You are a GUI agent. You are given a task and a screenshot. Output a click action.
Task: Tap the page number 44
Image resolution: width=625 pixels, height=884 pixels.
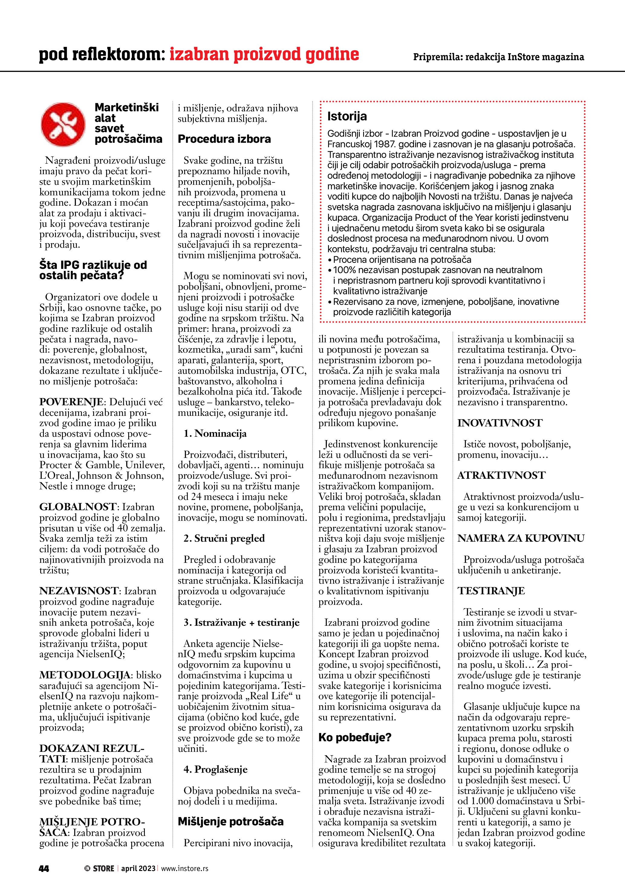[x=44, y=868]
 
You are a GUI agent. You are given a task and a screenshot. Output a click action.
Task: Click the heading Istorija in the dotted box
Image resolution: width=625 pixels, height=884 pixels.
[x=347, y=116]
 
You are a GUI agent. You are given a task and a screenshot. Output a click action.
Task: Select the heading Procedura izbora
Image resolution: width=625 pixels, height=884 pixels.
[x=224, y=139]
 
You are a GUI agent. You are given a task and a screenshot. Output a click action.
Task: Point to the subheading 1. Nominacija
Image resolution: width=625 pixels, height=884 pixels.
[x=215, y=433]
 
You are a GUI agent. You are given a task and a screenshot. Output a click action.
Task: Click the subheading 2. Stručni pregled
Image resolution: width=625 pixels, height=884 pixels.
[x=224, y=538]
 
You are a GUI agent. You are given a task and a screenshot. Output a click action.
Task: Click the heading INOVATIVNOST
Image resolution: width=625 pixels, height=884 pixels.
[x=500, y=423]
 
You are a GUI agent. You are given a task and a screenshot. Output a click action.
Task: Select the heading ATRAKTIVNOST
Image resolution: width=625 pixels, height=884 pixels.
[x=501, y=475]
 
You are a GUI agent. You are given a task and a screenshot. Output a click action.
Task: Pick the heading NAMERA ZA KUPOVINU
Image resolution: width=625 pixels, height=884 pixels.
[x=521, y=538]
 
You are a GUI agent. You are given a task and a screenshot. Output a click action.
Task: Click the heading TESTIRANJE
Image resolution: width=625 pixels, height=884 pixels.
[x=491, y=591]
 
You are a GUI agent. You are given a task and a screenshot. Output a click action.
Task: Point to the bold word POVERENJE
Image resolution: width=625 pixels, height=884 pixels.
[x=71, y=402]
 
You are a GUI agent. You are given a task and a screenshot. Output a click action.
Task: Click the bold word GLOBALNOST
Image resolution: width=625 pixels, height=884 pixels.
[x=77, y=507]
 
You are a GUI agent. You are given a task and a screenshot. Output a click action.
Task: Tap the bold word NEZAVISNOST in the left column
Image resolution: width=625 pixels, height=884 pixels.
[x=79, y=591]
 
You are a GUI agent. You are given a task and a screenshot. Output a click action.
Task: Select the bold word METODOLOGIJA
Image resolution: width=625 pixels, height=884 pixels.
[x=84, y=675]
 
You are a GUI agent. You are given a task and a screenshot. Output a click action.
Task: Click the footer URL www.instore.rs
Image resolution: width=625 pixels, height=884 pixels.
[x=184, y=868]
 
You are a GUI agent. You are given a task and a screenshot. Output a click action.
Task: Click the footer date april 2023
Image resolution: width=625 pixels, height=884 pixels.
[x=138, y=868]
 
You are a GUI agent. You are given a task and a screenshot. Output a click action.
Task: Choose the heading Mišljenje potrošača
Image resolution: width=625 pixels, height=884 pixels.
[x=230, y=822]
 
